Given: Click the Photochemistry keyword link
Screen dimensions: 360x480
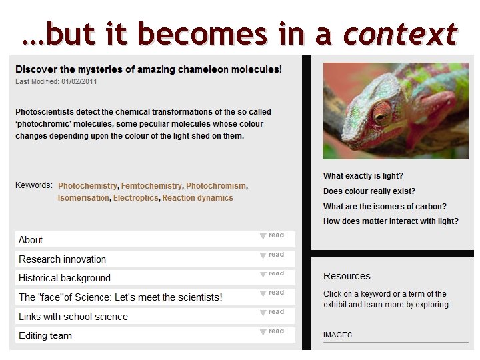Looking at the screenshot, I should [87, 186].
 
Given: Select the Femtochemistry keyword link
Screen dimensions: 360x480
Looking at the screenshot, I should [151, 186].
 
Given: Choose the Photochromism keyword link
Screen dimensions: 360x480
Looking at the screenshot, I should [216, 186].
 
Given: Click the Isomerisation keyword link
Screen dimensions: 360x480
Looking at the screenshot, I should [83, 198].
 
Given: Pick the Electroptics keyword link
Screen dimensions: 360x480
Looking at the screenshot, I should [136, 198].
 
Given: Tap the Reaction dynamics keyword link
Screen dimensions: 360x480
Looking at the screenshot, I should [198, 198].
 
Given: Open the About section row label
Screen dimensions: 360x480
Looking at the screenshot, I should [31, 240].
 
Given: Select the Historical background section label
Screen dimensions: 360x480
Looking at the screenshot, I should [65, 278].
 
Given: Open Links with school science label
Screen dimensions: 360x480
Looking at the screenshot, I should [73, 317].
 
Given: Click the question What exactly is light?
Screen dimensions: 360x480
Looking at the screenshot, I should [363, 176].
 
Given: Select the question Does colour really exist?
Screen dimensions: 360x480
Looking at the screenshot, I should [369, 191].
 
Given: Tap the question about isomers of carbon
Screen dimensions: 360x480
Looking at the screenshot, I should [385, 207].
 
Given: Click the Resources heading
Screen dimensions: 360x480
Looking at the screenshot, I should [347, 276].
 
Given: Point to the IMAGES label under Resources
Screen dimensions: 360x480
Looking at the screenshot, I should [337, 335].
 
